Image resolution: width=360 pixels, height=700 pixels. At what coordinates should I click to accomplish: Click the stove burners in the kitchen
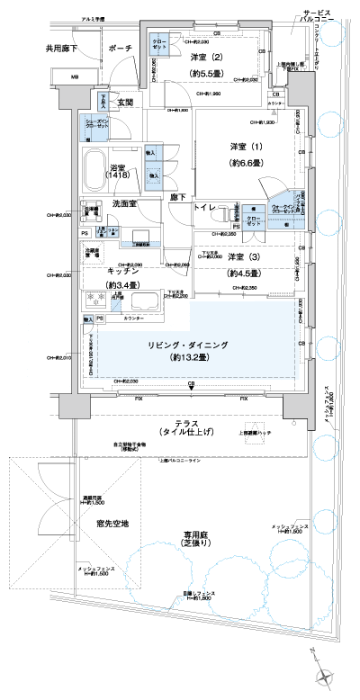pyautogui.click(x=96, y=302)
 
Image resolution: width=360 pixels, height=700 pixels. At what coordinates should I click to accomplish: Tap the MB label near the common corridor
pyautogui.click(x=75, y=78)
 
